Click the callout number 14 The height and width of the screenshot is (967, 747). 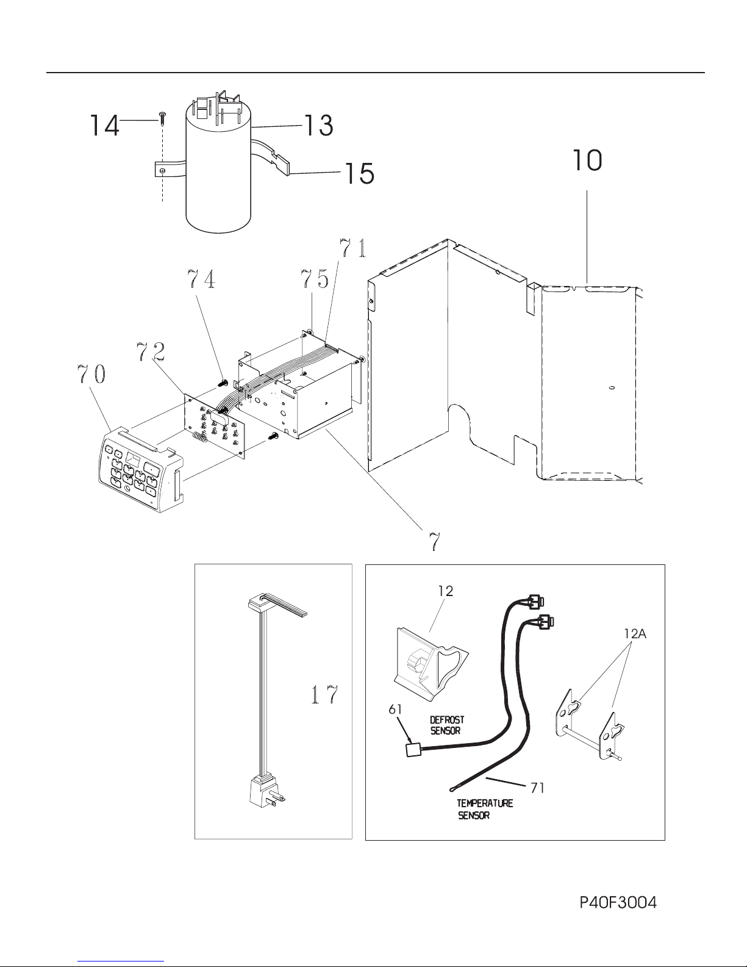pyautogui.click(x=104, y=125)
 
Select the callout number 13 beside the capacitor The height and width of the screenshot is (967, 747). pyautogui.click(x=318, y=126)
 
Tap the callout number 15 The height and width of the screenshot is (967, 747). pyautogui.click(x=359, y=173)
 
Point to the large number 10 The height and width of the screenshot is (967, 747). pyautogui.click(x=587, y=160)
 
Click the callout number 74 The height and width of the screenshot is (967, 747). pyautogui.click(x=201, y=279)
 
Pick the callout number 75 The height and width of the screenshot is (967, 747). pyautogui.click(x=315, y=279)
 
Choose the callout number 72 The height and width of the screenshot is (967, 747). pyautogui.click(x=151, y=351)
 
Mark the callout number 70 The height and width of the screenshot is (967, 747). pyautogui.click(x=91, y=374)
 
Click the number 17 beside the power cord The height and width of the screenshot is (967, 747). pyautogui.click(x=325, y=695)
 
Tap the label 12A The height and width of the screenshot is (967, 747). pyautogui.click(x=635, y=634)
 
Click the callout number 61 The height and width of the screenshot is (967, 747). pyautogui.click(x=395, y=710)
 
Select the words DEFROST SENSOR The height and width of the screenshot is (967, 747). pyautogui.click(x=447, y=725)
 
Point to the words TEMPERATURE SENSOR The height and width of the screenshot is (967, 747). pyautogui.click(x=485, y=810)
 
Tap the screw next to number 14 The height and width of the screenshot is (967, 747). pyautogui.click(x=162, y=119)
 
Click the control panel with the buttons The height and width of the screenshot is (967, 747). pyautogui.click(x=141, y=469)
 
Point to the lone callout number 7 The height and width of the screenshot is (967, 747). pyautogui.click(x=434, y=542)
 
